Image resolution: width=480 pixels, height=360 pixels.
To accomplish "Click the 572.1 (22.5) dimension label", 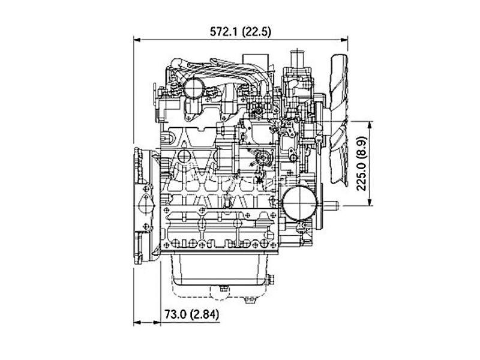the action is [x=241, y=32].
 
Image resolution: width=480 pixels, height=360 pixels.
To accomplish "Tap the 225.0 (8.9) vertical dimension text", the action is [x=362, y=163].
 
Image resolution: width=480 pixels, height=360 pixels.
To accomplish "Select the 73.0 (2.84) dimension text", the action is [x=191, y=314].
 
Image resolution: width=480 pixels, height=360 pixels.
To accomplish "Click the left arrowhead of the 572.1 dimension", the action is [x=137, y=40].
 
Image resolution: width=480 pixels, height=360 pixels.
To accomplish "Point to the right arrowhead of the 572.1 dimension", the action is [x=344, y=40].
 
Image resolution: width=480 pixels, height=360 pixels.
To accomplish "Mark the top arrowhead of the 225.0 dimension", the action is [x=370, y=125].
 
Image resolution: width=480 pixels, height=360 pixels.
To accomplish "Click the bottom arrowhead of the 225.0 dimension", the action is [x=370, y=202].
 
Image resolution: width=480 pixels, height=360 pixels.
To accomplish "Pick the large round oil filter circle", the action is [x=299, y=203].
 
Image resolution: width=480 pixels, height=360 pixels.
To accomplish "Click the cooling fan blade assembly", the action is [x=338, y=121].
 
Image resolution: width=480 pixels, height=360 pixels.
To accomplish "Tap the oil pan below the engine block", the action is [x=219, y=270].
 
